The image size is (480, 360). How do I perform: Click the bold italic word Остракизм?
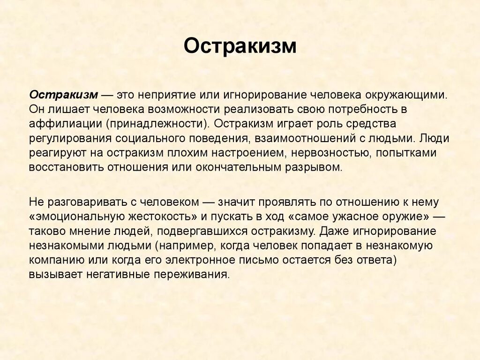point(63,95)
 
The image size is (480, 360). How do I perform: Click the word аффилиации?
point(65,124)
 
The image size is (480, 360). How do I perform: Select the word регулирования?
point(68,139)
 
